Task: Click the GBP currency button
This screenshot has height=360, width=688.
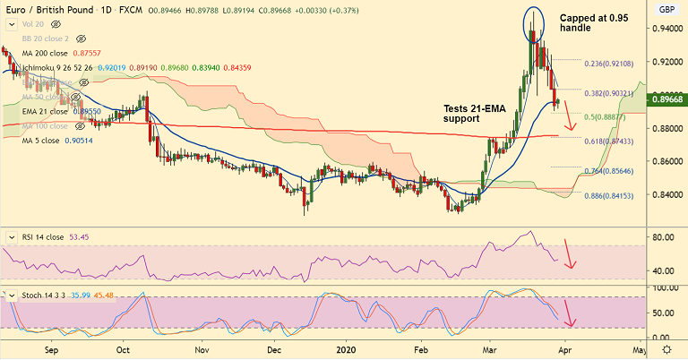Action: coord(665,9)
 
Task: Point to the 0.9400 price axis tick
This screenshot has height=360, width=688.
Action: coord(663,29)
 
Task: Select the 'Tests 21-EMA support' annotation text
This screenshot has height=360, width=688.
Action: coord(475,112)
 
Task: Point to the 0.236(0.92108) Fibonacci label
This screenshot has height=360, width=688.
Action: coord(609,64)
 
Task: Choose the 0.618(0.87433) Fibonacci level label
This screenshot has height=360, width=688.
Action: coord(609,142)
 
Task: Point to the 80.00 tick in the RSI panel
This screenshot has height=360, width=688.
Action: coord(663,237)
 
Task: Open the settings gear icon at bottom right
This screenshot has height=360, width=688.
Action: coord(666,348)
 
